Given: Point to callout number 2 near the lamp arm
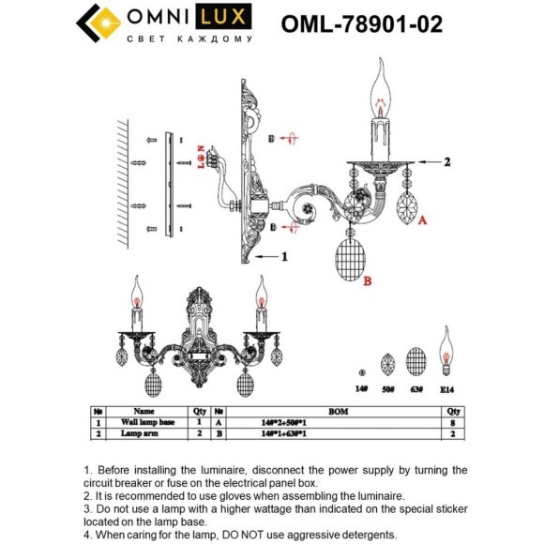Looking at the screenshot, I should point(447,162).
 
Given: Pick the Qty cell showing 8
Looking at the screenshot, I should point(453,423).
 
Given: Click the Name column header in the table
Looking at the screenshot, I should point(144,411).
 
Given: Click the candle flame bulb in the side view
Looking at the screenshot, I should point(381,89).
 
